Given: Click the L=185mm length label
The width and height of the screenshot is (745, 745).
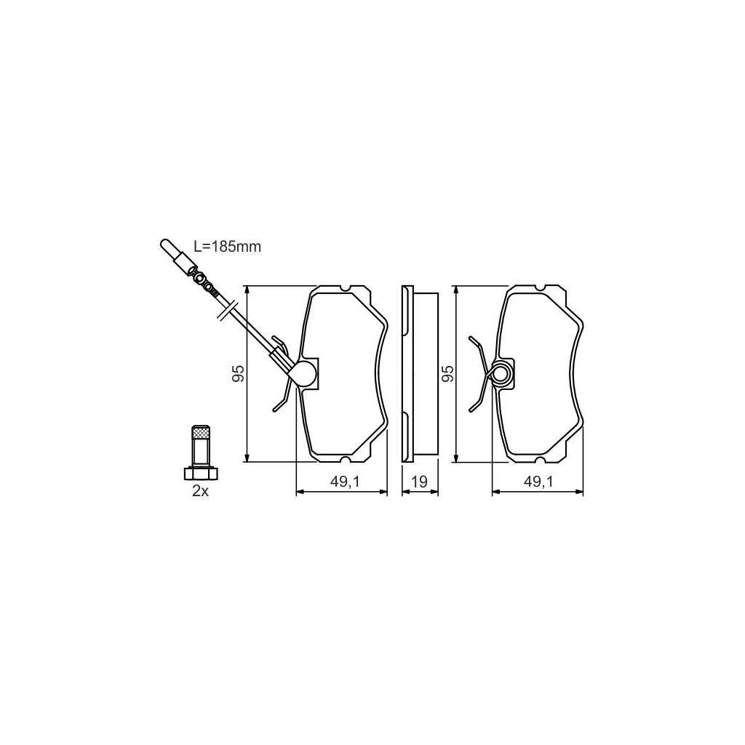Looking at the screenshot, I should coord(227,247).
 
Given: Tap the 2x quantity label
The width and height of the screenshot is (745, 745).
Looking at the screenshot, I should coord(200,491).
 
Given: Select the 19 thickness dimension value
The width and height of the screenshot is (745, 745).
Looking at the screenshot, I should coord(420,481).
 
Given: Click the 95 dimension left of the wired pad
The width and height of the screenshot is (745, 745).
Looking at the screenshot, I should coord(237,374).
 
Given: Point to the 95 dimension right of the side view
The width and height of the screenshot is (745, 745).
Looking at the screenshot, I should coord(447,374).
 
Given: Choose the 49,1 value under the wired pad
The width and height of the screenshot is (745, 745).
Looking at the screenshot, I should coord(341,481).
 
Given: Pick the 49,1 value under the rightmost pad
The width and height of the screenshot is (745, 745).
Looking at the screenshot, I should coord(539,481).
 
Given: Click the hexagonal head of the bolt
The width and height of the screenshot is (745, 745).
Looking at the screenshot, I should coord(200,474).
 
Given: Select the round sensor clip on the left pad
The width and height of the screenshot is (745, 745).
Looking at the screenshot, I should coord(304,374).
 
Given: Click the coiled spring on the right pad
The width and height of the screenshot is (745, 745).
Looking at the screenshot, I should coord(503,374).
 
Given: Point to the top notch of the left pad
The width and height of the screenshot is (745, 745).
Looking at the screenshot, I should coord(348,288).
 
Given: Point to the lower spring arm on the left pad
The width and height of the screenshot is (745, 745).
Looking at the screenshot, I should coord(282,400).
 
